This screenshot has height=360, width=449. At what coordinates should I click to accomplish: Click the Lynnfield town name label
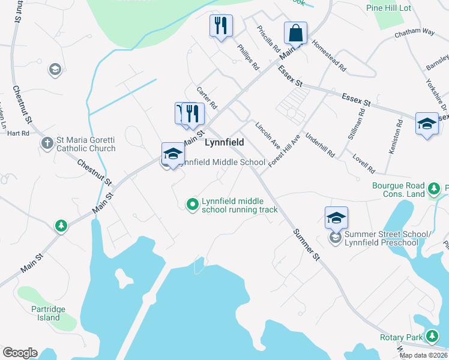coord(228,143)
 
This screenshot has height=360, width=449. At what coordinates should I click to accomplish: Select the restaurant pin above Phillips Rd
coord(221,26)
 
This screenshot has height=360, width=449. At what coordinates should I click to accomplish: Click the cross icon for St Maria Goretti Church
coord(47,143)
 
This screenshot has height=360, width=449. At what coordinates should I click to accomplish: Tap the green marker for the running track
coord(193,205)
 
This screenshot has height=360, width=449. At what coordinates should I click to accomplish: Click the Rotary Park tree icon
coord(433,337)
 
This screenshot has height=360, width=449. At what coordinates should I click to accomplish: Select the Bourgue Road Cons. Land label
coord(398,190)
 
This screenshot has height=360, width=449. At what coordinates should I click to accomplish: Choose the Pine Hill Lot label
coord(388,8)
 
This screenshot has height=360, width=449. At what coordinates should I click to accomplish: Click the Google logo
coord(20,353)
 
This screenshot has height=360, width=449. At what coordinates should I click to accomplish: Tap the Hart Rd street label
coord(18,133)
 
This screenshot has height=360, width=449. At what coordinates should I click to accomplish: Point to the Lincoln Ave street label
coord(268,136)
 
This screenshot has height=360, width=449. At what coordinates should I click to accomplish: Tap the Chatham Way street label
coord(414,34)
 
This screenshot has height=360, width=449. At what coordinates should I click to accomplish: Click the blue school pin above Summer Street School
coord(336,217)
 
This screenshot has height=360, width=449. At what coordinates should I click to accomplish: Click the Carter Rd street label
coord(206,97)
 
